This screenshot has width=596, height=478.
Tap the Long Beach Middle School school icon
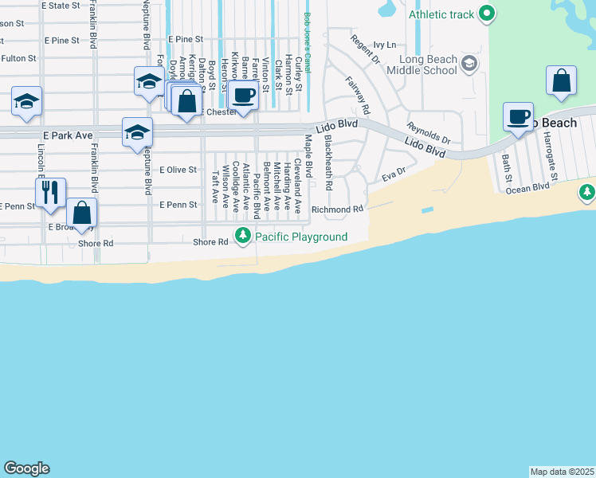click(470, 62)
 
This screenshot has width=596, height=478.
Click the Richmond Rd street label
click(337, 210)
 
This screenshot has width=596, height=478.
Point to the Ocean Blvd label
click(527, 188)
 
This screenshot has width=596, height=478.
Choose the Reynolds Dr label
click(428, 133)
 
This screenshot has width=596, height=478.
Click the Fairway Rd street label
click(359, 93)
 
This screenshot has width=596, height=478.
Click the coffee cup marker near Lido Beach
click(518, 116)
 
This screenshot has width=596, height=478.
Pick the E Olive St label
click(178, 170)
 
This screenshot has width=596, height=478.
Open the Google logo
click(26, 468)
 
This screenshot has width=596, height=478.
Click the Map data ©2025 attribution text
click(562, 472)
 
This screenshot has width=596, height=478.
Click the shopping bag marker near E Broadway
click(81, 213)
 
